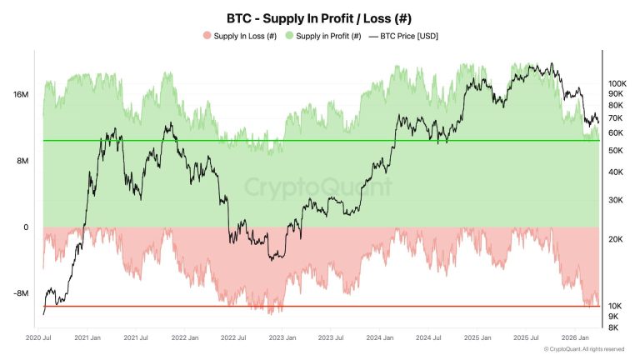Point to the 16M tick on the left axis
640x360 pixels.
21,95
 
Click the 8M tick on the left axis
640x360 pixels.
22,161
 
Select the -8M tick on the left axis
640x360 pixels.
21,293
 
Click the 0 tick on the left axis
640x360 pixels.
26,227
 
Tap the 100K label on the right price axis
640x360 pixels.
617,83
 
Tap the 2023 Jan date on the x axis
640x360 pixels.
282,337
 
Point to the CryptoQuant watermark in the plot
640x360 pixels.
318,187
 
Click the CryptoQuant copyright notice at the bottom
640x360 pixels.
583,350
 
